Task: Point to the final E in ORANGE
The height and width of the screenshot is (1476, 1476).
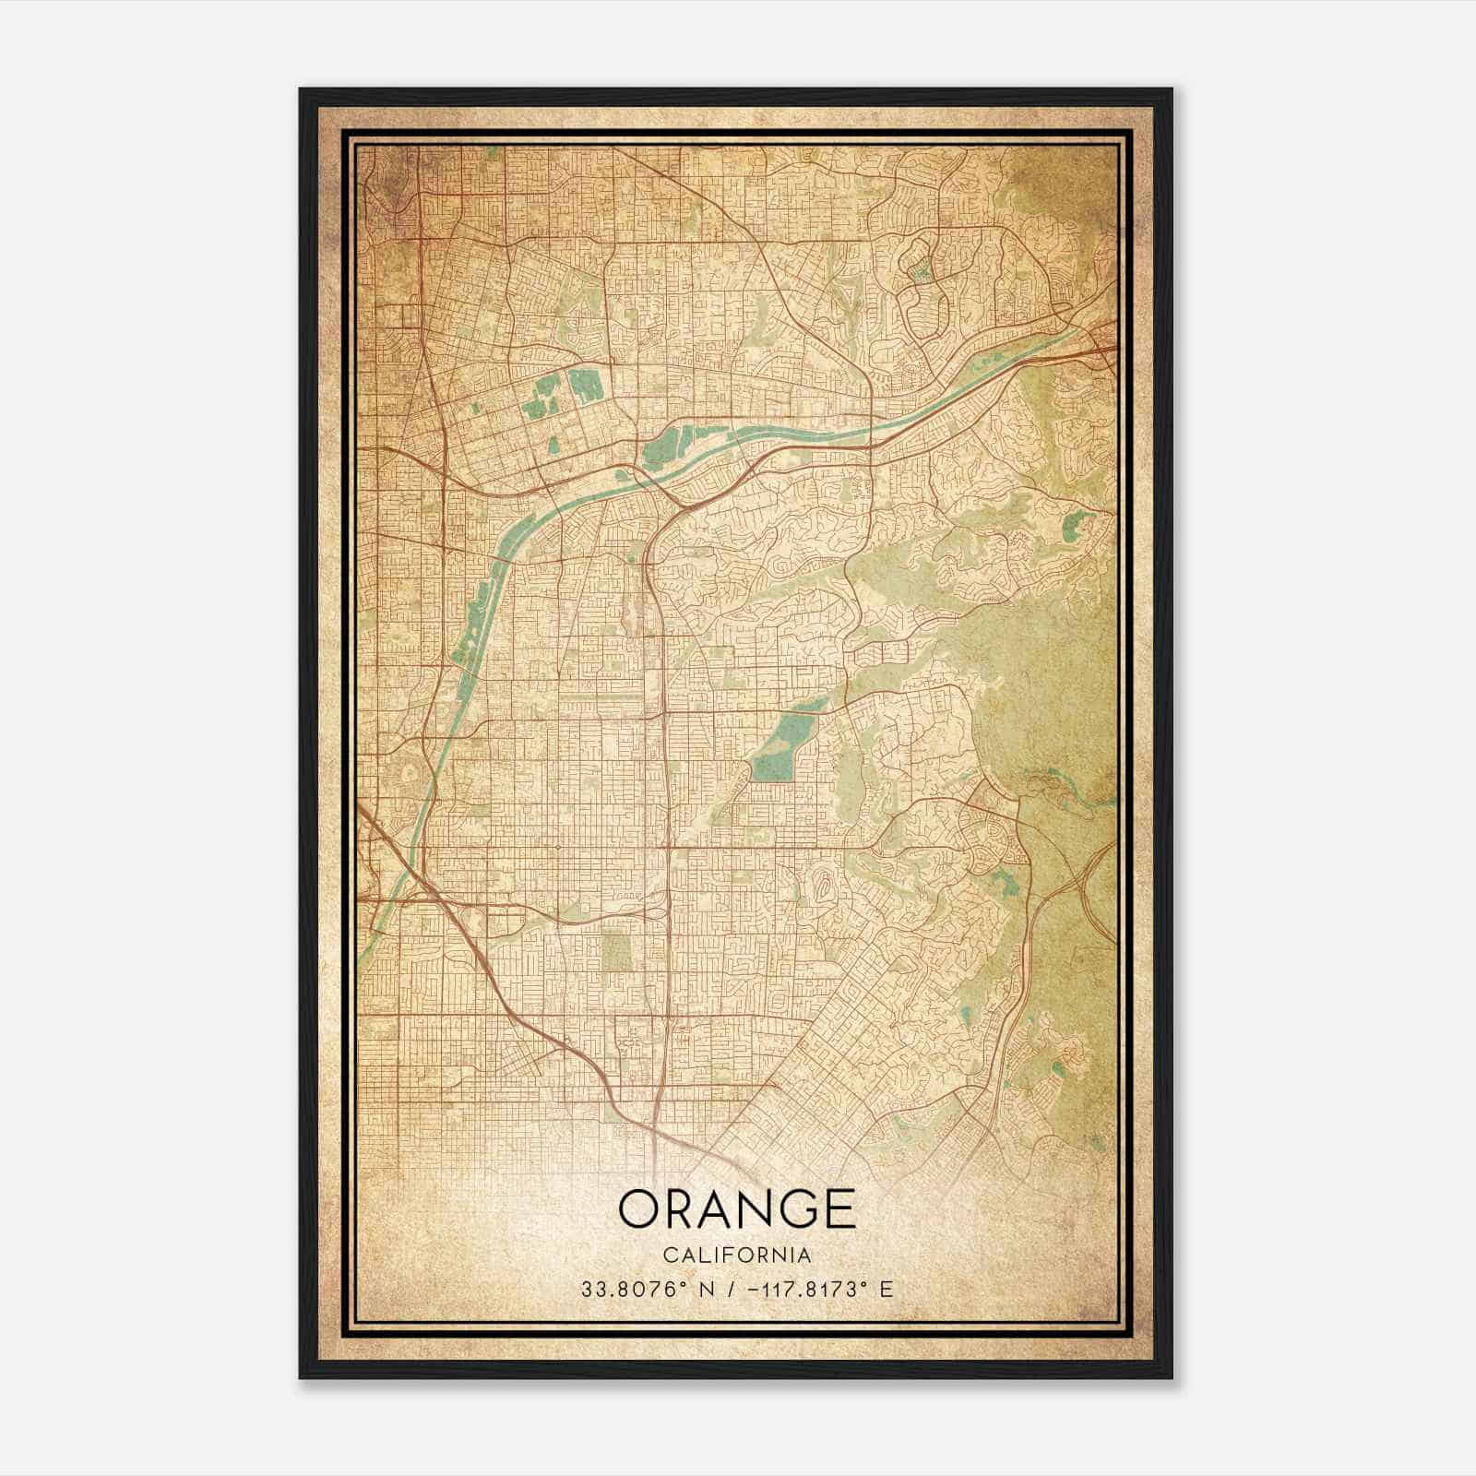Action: point(839,1208)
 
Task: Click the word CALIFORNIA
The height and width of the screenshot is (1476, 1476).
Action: point(737,1256)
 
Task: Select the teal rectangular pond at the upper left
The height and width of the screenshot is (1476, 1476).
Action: point(584,385)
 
